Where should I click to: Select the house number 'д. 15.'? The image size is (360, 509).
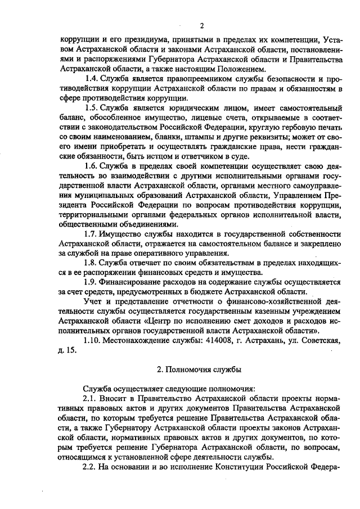(66, 350)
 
